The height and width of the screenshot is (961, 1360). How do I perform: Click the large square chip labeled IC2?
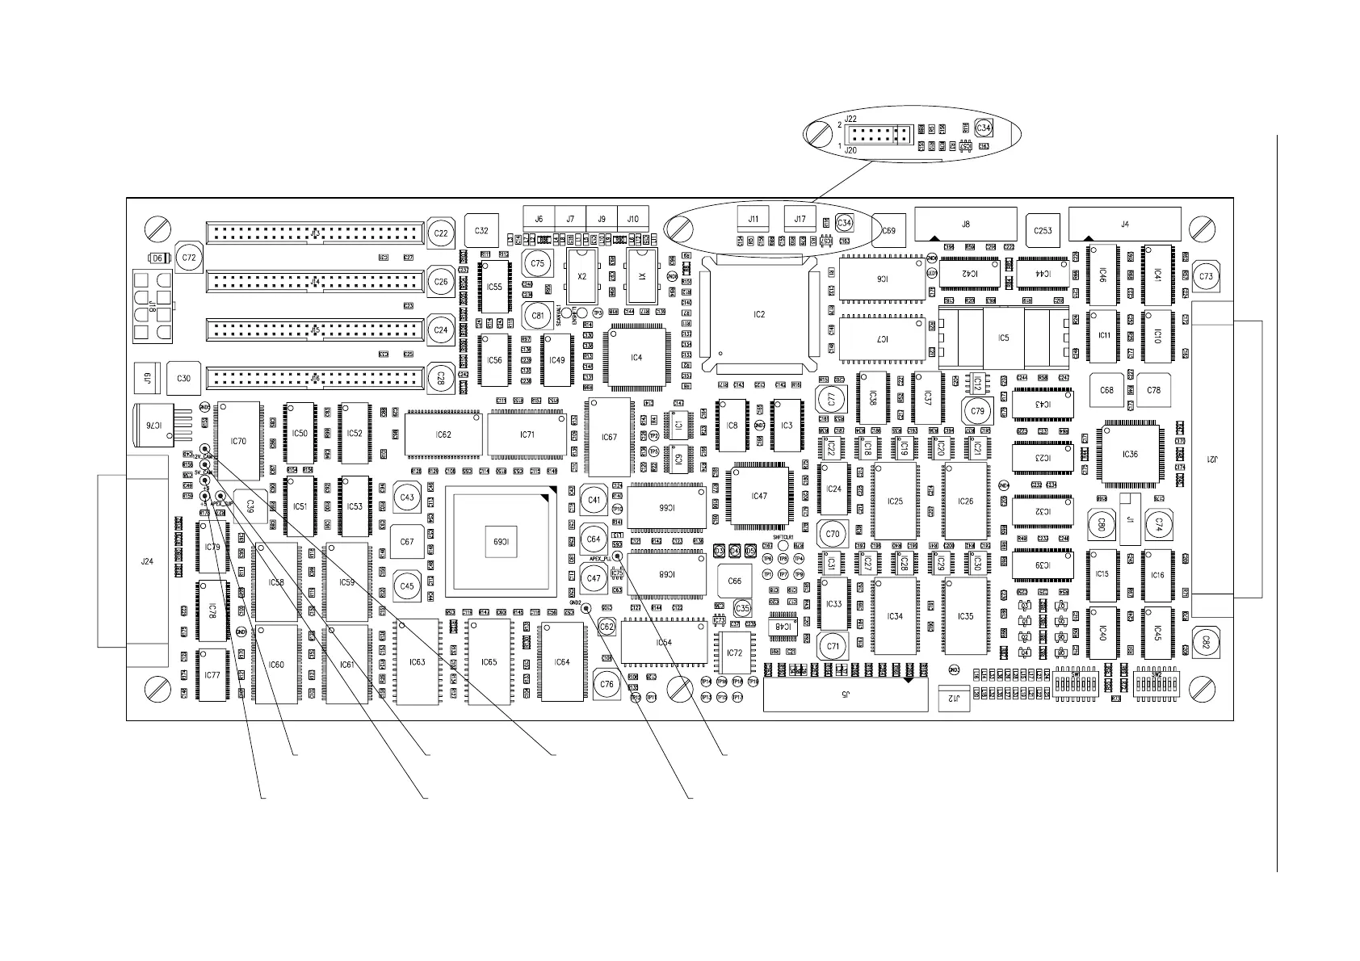coord(758,313)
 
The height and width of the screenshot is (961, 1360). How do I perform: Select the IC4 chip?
coord(636,357)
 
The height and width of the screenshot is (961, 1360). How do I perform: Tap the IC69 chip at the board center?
coord(498,541)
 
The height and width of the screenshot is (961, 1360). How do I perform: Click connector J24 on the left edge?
coord(147,562)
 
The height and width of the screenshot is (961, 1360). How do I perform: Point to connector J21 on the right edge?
coord(1211,459)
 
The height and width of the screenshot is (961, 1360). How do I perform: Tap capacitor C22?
coord(441,233)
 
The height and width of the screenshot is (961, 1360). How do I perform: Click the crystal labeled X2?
coord(582,275)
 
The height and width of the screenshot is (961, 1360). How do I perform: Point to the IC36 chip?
coord(1130,455)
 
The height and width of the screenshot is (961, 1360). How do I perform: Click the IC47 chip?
coord(759,496)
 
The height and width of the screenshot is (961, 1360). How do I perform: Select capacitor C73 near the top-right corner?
coord(1206,276)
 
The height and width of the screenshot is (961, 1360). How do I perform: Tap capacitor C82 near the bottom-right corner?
coord(1206,642)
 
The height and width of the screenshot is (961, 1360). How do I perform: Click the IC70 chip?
coord(238,441)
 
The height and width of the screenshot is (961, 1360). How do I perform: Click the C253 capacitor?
coord(1043,231)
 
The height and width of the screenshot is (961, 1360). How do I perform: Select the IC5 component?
coord(1003,338)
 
